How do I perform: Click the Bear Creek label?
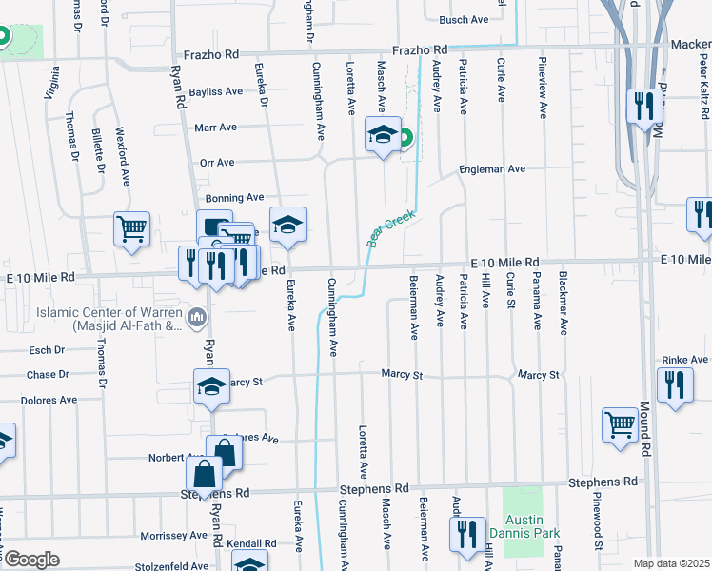[391, 228]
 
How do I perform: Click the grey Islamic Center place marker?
[199, 317]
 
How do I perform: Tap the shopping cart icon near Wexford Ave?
[131, 228]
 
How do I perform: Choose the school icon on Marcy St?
[211, 386]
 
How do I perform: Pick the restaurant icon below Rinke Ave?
[676, 384]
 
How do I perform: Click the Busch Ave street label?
[464, 19]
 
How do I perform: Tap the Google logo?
[30, 560]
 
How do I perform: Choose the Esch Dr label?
[46, 350]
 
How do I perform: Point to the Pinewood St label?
[598, 528]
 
